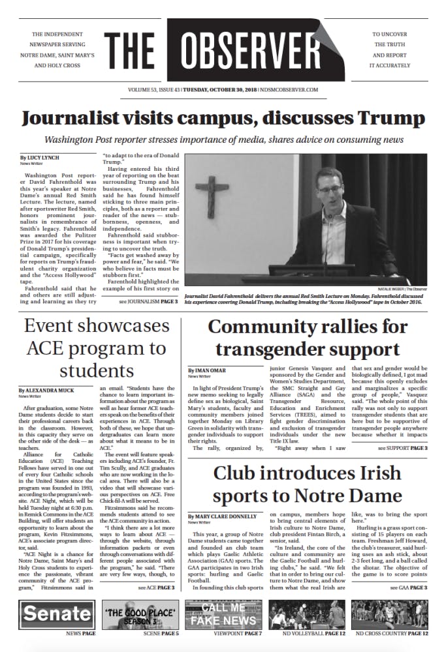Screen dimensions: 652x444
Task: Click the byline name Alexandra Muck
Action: (50, 389)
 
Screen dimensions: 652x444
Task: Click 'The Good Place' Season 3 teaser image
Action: (140, 614)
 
